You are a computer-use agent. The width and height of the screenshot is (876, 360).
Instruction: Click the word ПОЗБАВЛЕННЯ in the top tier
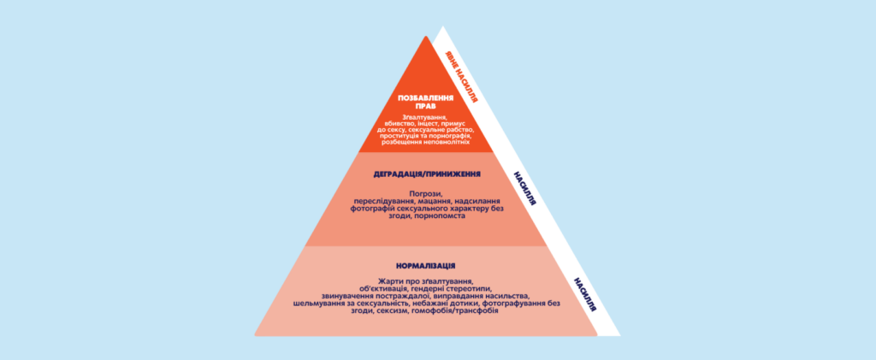[x=425, y=97]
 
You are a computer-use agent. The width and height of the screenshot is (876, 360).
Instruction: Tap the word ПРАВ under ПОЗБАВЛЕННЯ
[x=425, y=106]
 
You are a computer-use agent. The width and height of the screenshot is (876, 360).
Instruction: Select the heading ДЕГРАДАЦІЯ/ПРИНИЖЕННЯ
[x=427, y=174]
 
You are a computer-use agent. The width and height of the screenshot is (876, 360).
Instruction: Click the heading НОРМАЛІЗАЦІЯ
[x=426, y=266]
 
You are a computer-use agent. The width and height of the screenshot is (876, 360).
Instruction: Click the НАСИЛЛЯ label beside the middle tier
[x=524, y=188]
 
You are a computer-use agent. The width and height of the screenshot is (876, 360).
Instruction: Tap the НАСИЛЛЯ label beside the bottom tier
[x=584, y=293]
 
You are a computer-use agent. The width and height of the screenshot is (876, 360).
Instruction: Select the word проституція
[x=398, y=136]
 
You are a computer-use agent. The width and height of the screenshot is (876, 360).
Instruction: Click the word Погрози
[x=426, y=193]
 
